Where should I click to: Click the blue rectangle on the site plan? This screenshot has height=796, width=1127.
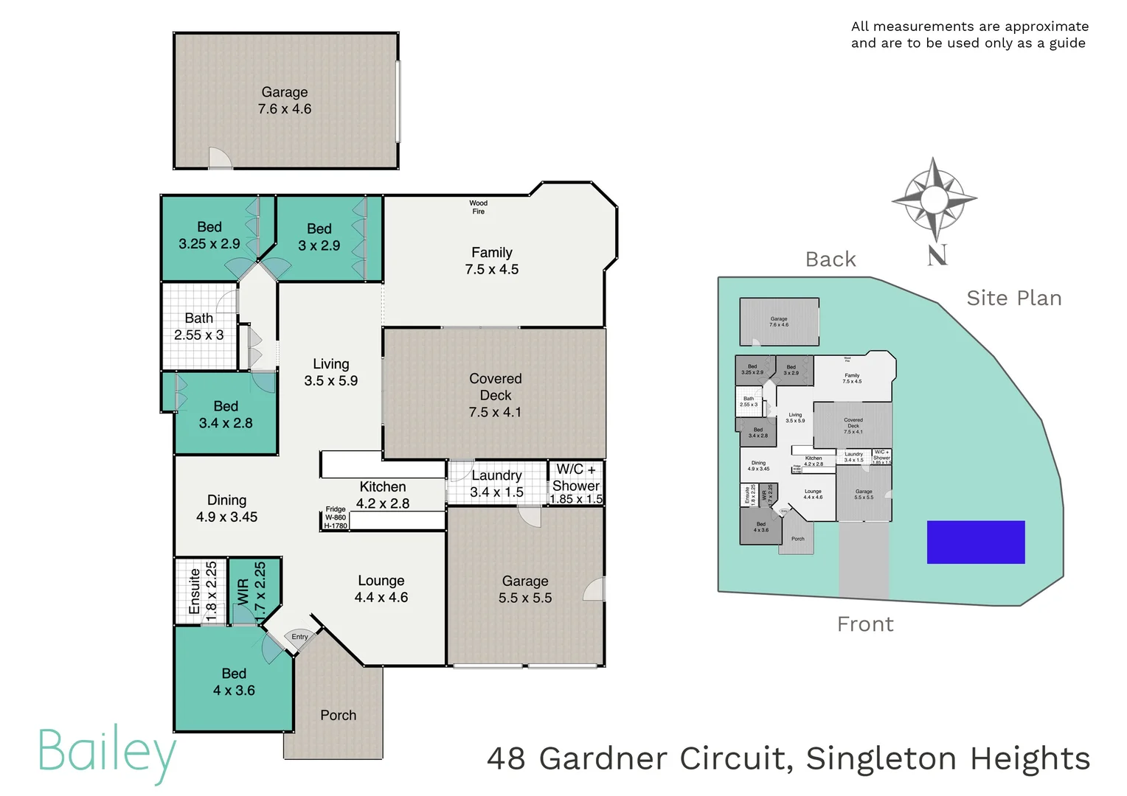975,542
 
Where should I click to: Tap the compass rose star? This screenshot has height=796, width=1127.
934,198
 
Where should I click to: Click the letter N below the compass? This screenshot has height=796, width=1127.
937,256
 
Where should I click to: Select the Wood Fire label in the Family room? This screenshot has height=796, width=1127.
478,207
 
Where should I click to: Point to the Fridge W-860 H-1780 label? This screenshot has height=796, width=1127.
336,517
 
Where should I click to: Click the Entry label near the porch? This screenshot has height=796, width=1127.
299,637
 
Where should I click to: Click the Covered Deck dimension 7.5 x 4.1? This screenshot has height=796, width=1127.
495,413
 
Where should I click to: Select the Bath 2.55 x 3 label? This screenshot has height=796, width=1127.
198,327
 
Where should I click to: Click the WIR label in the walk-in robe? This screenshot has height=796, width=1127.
243,591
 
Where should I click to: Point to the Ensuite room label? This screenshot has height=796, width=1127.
195,591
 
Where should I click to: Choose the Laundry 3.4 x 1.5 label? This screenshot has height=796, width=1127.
496,483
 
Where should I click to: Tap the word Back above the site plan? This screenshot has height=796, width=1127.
830,259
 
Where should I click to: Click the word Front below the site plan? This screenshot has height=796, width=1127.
865,624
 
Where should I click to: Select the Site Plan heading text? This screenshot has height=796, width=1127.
1013,298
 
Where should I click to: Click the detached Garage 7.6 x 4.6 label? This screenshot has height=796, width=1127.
285,100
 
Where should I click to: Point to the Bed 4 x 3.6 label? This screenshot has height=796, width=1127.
234,682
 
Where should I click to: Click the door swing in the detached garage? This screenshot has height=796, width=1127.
220,158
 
